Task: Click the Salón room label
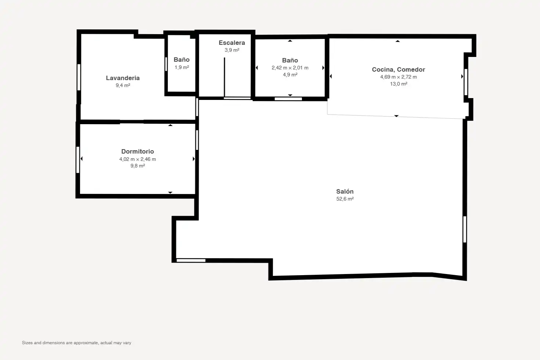tap(345, 191)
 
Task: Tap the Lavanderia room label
tap(123, 78)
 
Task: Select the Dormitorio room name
tap(137, 151)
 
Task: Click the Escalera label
tap(232, 43)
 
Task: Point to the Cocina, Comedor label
tap(398, 69)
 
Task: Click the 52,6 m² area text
tap(345, 199)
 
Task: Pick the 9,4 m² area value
tap(123, 85)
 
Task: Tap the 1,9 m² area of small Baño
tap(181, 67)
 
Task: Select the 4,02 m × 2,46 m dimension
tap(137, 159)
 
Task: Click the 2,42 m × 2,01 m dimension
tap(290, 68)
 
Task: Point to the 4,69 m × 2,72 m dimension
tap(398, 77)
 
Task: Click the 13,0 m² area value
tap(399, 84)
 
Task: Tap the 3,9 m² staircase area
tap(232, 50)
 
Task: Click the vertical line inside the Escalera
tap(224, 77)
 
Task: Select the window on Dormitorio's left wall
tap(78, 160)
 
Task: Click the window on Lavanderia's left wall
tap(79, 77)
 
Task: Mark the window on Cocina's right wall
tap(466, 82)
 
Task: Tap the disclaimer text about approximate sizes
tap(77, 343)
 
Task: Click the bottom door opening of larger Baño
tap(288, 99)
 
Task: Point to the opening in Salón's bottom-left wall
tap(191, 260)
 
